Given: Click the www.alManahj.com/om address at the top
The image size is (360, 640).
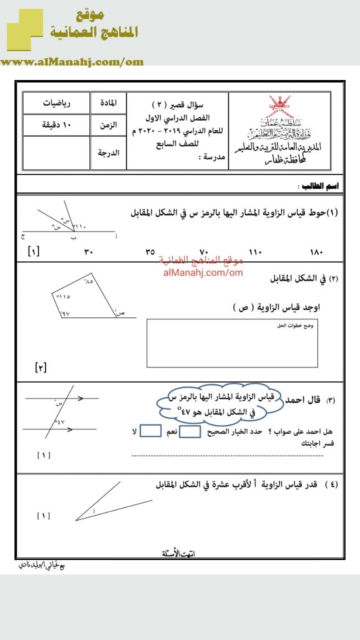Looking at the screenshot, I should pos(72,62).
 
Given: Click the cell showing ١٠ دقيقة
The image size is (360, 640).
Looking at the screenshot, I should pos(56,126).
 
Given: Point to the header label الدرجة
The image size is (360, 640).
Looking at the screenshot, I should pos(109,151).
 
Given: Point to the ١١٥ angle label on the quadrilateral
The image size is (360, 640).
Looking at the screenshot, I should pos(62,296).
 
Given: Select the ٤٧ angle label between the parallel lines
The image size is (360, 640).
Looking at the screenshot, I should pos(60,423).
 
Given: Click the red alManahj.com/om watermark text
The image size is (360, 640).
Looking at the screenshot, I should pos(202,272).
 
